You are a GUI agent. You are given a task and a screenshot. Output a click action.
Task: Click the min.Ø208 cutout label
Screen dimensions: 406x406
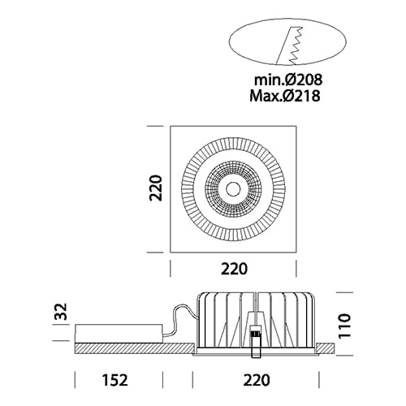click(288, 80)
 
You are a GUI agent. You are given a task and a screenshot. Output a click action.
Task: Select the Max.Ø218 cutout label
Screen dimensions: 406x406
click(285, 96)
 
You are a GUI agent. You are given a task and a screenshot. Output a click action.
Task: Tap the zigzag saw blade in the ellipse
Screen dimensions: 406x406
click(296, 45)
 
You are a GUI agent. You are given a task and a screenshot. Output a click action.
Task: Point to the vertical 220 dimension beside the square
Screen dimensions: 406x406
click(156, 188)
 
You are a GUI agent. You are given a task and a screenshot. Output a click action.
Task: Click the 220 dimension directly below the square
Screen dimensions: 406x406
click(234, 269)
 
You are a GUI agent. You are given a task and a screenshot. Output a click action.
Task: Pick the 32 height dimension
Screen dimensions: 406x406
click(62, 312)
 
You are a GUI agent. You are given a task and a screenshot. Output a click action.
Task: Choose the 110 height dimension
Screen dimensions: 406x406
click(344, 326)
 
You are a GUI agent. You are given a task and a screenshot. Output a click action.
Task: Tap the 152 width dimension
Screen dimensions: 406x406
click(114, 380)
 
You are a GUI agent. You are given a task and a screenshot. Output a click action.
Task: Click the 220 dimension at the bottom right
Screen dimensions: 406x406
click(257, 380)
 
